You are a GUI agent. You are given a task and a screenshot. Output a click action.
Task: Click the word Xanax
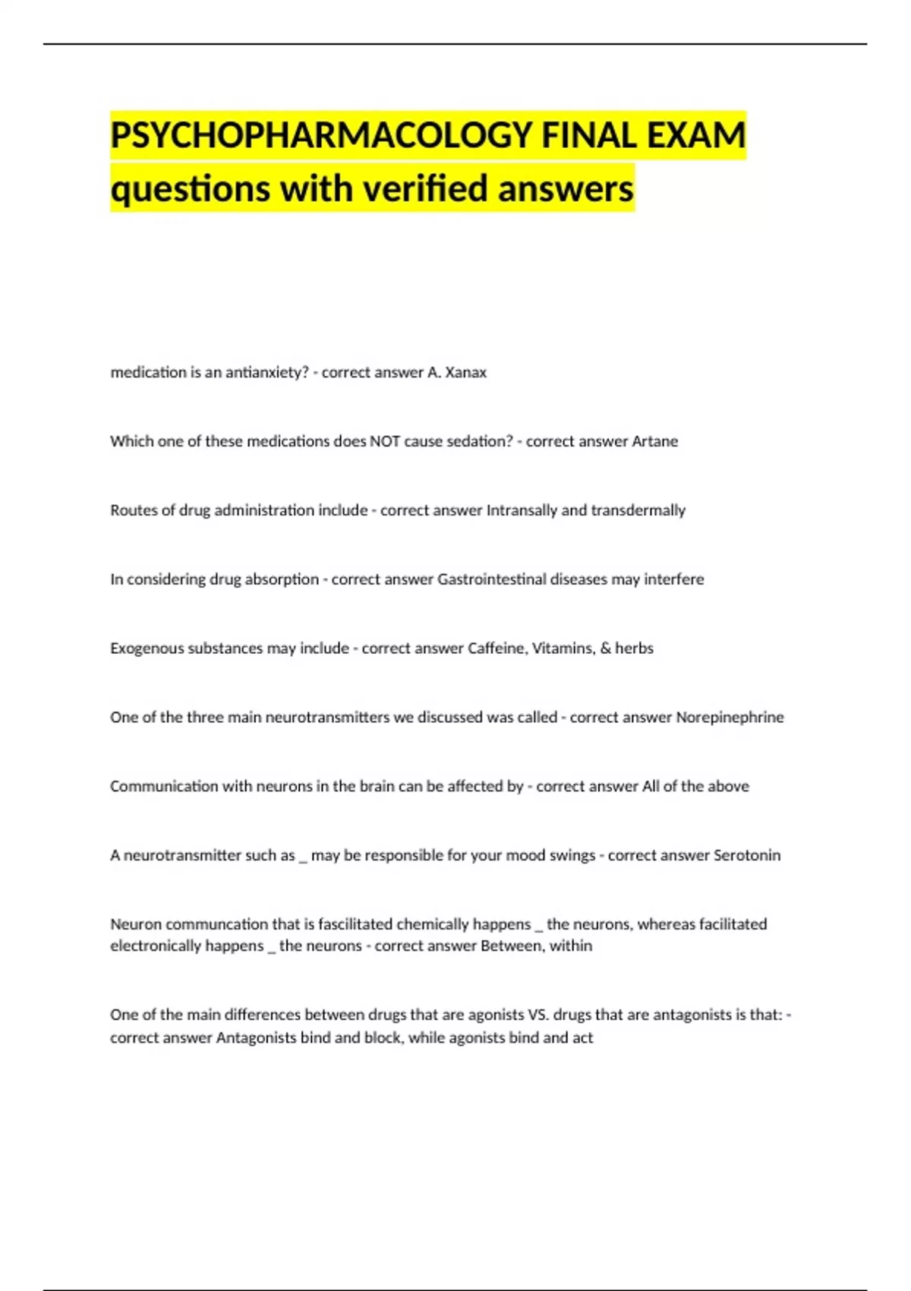(465, 372)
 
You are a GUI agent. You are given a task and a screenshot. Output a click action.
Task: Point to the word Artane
(654, 441)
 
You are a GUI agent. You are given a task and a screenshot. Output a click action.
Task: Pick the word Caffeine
(496, 649)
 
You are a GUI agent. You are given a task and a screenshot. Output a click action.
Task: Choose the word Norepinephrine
(730, 718)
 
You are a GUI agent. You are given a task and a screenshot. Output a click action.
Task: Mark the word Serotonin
(747, 855)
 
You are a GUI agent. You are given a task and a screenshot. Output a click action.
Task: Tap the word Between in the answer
(509, 946)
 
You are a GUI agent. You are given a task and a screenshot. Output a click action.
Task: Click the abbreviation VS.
(537, 1015)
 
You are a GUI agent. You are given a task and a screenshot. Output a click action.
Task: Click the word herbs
(634, 649)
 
